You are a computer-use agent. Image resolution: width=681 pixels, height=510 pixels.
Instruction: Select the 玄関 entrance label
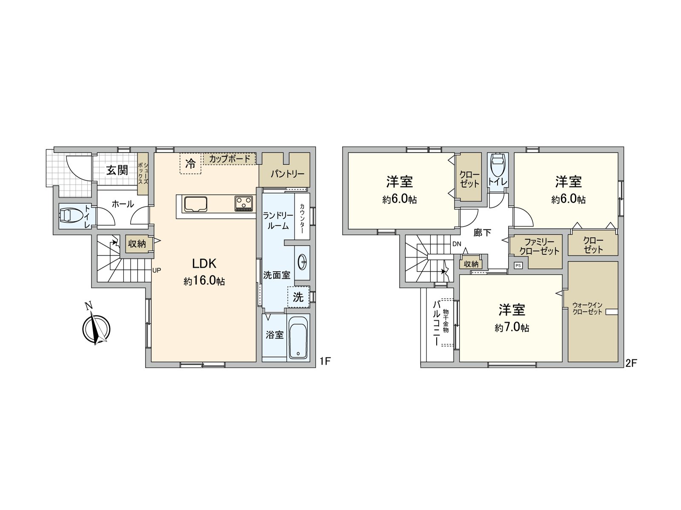(117, 170)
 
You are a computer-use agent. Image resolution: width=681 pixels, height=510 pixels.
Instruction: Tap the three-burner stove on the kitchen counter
(243, 203)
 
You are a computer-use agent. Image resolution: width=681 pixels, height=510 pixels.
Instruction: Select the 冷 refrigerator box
(190, 163)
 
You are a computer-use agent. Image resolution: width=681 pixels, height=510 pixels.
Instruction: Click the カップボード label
(229, 159)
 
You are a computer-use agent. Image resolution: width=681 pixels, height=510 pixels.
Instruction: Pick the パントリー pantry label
(287, 174)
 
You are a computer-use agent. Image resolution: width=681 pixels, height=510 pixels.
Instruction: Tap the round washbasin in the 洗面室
(303, 262)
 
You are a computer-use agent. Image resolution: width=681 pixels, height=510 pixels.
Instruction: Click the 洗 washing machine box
(298, 297)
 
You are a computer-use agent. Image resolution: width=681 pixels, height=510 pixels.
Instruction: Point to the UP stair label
(156, 270)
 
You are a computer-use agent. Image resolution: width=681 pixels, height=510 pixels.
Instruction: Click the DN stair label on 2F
(457, 244)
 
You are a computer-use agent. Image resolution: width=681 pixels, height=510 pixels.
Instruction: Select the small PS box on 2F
(518, 265)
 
